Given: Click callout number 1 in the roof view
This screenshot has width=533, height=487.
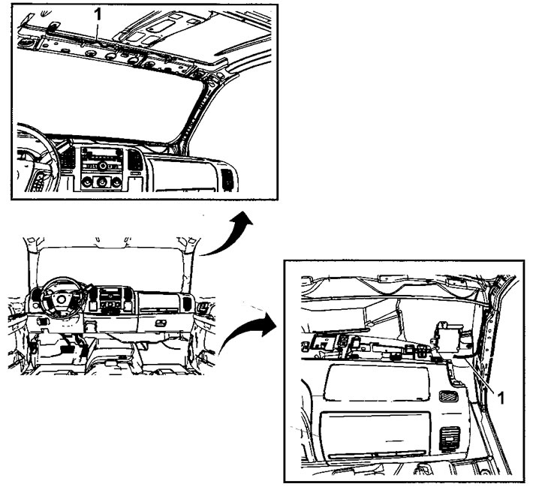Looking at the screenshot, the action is pyautogui.click(x=98, y=14).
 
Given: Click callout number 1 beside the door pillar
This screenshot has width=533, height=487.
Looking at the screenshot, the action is pyautogui.click(x=501, y=398).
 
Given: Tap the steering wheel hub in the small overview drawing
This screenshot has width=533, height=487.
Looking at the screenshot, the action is pyautogui.click(x=62, y=299).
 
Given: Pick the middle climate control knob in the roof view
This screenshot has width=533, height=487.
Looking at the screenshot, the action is pyautogui.click(x=101, y=182).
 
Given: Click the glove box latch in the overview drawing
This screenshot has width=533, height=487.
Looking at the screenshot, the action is pyautogui.click(x=159, y=323).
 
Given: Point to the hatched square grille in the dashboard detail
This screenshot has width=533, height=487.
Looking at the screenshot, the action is pyautogui.click(x=448, y=395).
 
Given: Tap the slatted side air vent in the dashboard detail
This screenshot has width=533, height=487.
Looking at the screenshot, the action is pyautogui.click(x=450, y=440).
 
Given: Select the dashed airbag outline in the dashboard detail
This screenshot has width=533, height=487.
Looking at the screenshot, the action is pyautogui.click(x=377, y=382).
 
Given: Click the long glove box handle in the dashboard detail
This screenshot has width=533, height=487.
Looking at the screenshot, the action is pyautogui.click(x=378, y=455).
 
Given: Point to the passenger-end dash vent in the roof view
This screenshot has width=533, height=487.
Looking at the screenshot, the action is pyautogui.click(x=227, y=179).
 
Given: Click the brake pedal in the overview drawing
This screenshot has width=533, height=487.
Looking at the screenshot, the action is pyautogui.click(x=65, y=350).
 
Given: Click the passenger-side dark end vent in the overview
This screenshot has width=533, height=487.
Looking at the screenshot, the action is pyautogui.click(x=187, y=303).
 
